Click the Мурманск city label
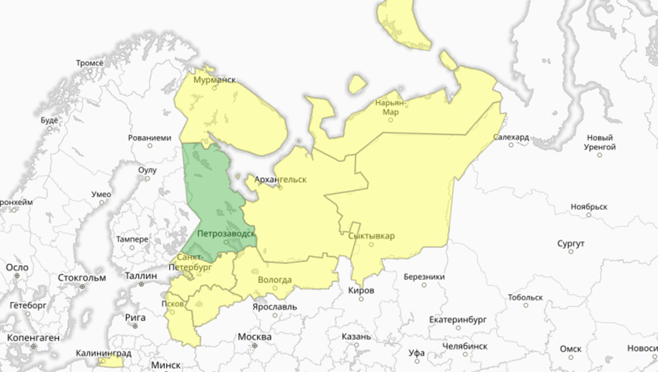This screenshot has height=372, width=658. [214, 81]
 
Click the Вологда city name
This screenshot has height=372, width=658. [275, 280]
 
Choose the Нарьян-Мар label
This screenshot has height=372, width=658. [390, 107]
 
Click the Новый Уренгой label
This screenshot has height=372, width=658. [599, 142]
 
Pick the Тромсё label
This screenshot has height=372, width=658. [89, 63]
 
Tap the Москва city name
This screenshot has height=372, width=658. [255, 336]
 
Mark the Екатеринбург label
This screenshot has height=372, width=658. [459, 319]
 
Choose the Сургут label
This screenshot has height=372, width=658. [570, 244]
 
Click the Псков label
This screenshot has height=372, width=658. [173, 304]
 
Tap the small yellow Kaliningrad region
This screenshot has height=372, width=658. [110, 362]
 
